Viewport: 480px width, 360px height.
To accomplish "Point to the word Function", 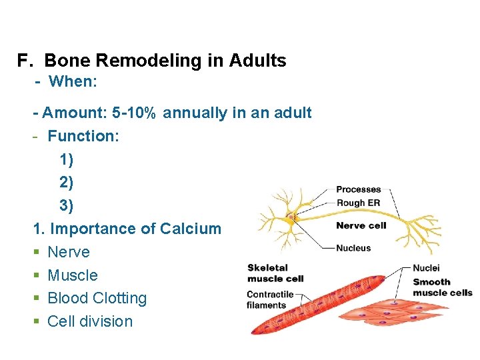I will [x=83, y=136].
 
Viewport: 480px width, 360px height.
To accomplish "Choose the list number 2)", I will [x=67, y=183].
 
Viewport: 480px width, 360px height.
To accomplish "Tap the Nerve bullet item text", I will [x=69, y=252].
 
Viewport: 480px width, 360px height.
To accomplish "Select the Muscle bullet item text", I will [x=73, y=275].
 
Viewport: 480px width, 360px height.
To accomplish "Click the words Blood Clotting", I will [x=97, y=298].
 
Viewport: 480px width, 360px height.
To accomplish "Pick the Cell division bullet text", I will [x=90, y=321].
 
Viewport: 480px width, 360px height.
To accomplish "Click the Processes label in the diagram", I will [x=359, y=190].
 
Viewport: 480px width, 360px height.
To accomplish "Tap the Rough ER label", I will [x=359, y=203].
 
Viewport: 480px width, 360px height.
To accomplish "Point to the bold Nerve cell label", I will [x=361, y=225].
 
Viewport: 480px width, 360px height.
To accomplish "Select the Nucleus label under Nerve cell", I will [x=354, y=248].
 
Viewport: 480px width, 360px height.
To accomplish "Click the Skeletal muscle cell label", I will [x=275, y=273].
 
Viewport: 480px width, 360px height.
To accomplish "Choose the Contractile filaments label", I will [x=270, y=299].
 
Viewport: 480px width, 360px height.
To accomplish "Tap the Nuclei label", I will [x=426, y=268].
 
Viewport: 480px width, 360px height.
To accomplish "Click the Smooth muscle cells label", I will [x=442, y=287].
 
